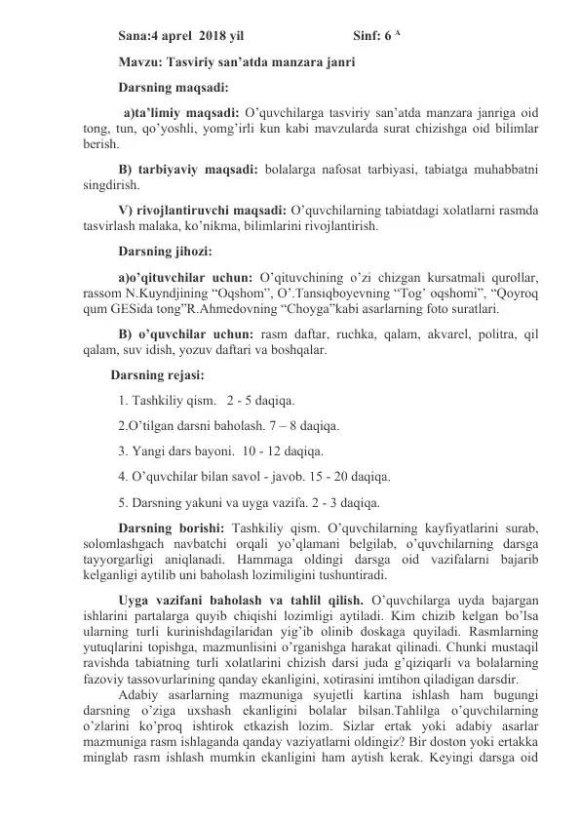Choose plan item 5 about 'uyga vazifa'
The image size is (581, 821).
(x=248, y=504)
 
